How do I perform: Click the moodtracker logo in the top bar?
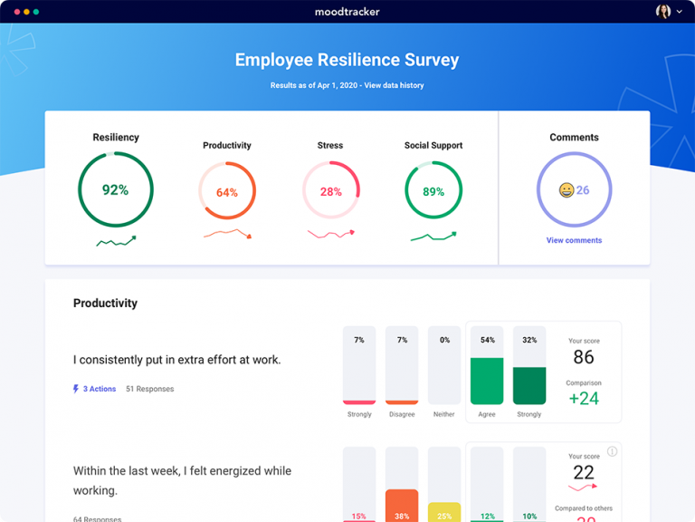point(347,12)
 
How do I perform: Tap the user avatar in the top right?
point(663,12)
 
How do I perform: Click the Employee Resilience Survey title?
point(347,61)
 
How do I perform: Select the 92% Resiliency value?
point(115,190)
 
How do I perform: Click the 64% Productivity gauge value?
point(226,192)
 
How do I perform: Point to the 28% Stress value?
point(330,192)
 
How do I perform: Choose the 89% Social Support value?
point(433,192)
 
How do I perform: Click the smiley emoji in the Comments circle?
point(566,190)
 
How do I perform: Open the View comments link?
point(574,240)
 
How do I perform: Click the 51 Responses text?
point(149,389)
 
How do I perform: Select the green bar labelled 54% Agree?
point(487,381)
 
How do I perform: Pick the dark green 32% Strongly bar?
point(529,385)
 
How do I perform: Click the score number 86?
point(584,357)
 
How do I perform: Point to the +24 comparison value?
point(584,398)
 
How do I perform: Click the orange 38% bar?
point(402,505)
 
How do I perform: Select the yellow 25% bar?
point(444,511)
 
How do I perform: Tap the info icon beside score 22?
point(612,451)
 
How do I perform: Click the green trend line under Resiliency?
point(115,241)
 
